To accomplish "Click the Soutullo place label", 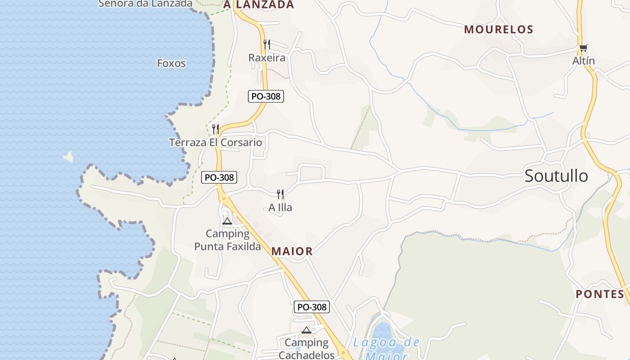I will (556, 176).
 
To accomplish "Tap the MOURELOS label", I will (499, 30).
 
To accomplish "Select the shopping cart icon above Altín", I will (583, 48).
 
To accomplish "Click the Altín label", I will (584, 61).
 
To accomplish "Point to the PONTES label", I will (600, 294).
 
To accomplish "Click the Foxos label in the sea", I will (171, 63).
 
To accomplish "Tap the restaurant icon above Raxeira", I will (267, 44).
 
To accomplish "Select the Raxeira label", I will (267, 58).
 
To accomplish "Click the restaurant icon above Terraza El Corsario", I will (216, 129).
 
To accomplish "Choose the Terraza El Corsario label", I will (216, 143).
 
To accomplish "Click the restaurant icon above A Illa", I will (280, 194).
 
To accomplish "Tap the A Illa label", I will (280, 207).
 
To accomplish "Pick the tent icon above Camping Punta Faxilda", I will (227, 221).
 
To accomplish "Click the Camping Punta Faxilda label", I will (227, 240).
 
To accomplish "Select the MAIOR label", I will (292, 252).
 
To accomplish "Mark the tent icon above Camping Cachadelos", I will (306, 330).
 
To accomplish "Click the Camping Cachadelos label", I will (306, 349).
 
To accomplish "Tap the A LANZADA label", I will (258, 5).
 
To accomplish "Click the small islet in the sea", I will (68, 157).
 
